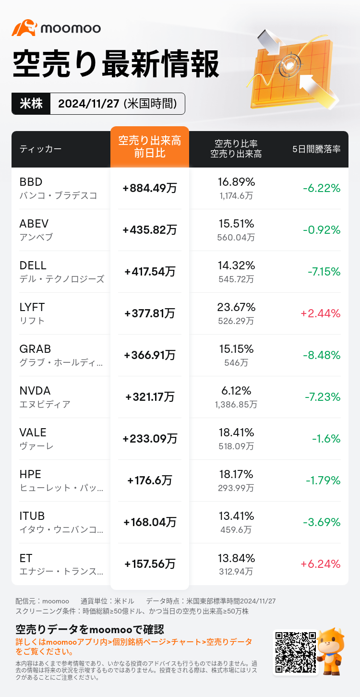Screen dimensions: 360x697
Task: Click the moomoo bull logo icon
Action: (x=24, y=28)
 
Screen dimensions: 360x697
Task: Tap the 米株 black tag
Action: (x=31, y=104)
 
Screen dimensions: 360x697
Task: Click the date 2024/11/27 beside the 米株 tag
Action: (x=89, y=104)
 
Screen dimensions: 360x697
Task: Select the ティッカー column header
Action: (x=40, y=149)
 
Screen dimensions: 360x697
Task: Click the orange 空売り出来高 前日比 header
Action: (x=150, y=147)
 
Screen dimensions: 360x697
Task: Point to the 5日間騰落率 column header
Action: (x=316, y=149)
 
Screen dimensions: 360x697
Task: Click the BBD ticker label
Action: (x=31, y=182)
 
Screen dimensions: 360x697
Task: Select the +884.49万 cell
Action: (x=150, y=188)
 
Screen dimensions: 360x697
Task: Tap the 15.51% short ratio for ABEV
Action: (x=236, y=223)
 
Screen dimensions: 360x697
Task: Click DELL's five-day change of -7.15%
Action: (x=324, y=272)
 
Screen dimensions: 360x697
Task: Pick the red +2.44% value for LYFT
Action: (x=320, y=313)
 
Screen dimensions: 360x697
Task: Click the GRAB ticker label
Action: (x=35, y=349)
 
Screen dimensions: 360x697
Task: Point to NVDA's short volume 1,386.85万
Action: (x=236, y=404)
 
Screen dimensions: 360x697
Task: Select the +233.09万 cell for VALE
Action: (x=150, y=439)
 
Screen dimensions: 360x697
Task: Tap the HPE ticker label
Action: (x=30, y=474)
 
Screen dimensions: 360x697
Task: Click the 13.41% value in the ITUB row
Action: (x=236, y=516)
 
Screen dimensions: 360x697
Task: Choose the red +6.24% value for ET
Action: (x=320, y=564)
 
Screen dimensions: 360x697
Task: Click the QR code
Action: (x=295, y=652)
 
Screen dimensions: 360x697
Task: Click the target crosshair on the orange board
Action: (x=290, y=65)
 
